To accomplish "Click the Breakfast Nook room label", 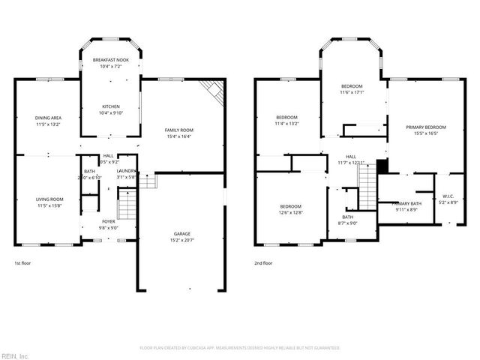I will point(109,60).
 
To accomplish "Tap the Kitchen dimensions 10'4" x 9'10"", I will point(109,113).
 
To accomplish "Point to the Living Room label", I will point(47,199).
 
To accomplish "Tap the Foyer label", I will point(109,221).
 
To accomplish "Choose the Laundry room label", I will point(126,171).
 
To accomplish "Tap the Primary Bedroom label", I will point(426,127).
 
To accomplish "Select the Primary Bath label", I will point(406,204).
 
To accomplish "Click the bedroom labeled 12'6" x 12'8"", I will point(291,206).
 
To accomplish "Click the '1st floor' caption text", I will point(22,263).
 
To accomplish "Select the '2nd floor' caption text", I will point(263,263).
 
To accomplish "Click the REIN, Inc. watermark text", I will point(14,355).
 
